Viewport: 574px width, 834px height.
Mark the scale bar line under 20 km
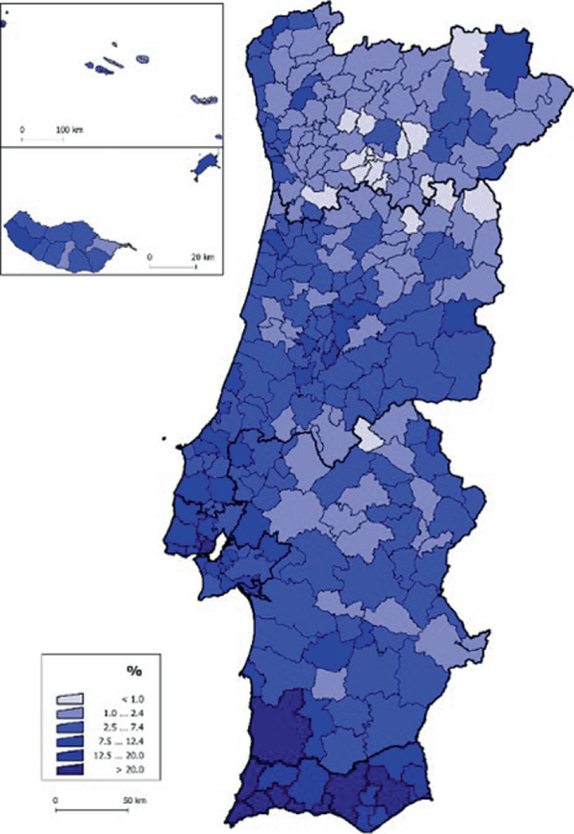(173, 266)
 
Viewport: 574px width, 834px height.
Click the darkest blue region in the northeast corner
(508, 59)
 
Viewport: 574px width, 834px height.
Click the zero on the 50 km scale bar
(55, 800)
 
